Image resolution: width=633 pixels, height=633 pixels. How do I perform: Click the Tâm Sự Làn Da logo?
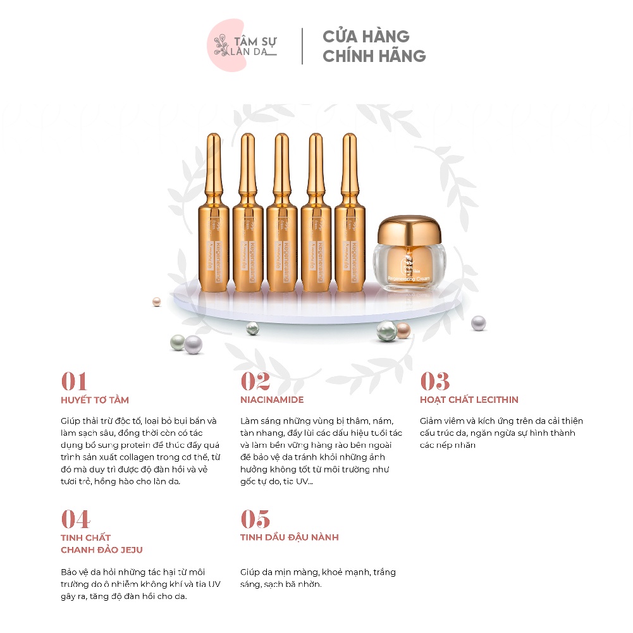pyautogui.click(x=244, y=46)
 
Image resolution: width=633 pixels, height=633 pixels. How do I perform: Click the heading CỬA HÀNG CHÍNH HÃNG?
pyautogui.click(x=374, y=46)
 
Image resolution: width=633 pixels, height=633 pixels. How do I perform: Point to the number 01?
pyautogui.click(x=74, y=381)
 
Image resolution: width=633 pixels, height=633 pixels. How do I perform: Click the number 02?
pyautogui.click(x=255, y=381)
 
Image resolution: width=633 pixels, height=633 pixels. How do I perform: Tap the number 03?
pyautogui.click(x=435, y=381)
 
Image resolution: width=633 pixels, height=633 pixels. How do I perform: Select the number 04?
pyautogui.click(x=75, y=519)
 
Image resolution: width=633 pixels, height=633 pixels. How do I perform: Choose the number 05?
pyautogui.click(x=255, y=519)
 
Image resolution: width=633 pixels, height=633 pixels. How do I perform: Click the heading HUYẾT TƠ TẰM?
pyautogui.click(x=95, y=400)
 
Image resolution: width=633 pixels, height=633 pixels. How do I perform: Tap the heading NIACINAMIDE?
pyautogui.click(x=272, y=400)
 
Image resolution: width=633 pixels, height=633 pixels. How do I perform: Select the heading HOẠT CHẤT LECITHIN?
pyautogui.click(x=469, y=400)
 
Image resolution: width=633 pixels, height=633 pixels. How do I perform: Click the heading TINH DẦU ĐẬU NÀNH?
pyautogui.click(x=290, y=538)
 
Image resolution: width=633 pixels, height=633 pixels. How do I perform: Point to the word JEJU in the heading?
pyautogui.click(x=130, y=550)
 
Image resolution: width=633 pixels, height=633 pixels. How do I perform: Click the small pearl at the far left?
pyautogui.click(x=157, y=302)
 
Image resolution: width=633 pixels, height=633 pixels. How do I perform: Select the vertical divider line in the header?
pyautogui.click(x=302, y=46)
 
